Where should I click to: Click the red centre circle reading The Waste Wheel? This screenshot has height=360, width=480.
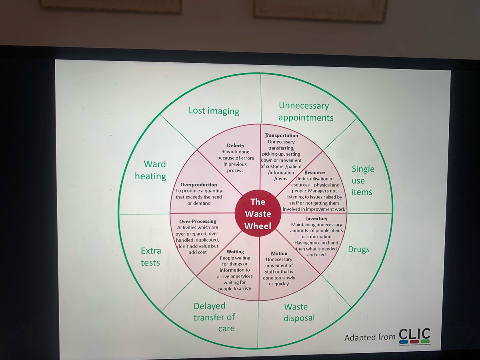tap(258, 214)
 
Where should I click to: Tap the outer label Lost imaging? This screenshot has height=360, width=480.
tap(214, 111)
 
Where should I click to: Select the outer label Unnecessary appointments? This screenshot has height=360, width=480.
tap(306, 112)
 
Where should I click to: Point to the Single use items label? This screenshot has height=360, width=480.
tap(362, 180)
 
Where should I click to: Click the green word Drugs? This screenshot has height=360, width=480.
tap(359, 249)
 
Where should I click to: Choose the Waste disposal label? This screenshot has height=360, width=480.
tap(299, 312)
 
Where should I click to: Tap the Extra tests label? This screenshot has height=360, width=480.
tap(151, 257)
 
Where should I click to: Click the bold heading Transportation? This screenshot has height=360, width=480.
tap(281, 136)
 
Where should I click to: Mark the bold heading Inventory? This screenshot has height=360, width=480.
tap(317, 219)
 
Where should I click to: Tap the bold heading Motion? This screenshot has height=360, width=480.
tap(279, 254)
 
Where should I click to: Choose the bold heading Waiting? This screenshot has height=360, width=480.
tap(235, 252)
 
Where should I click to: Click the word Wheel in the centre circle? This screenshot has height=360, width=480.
tap(258, 226)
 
